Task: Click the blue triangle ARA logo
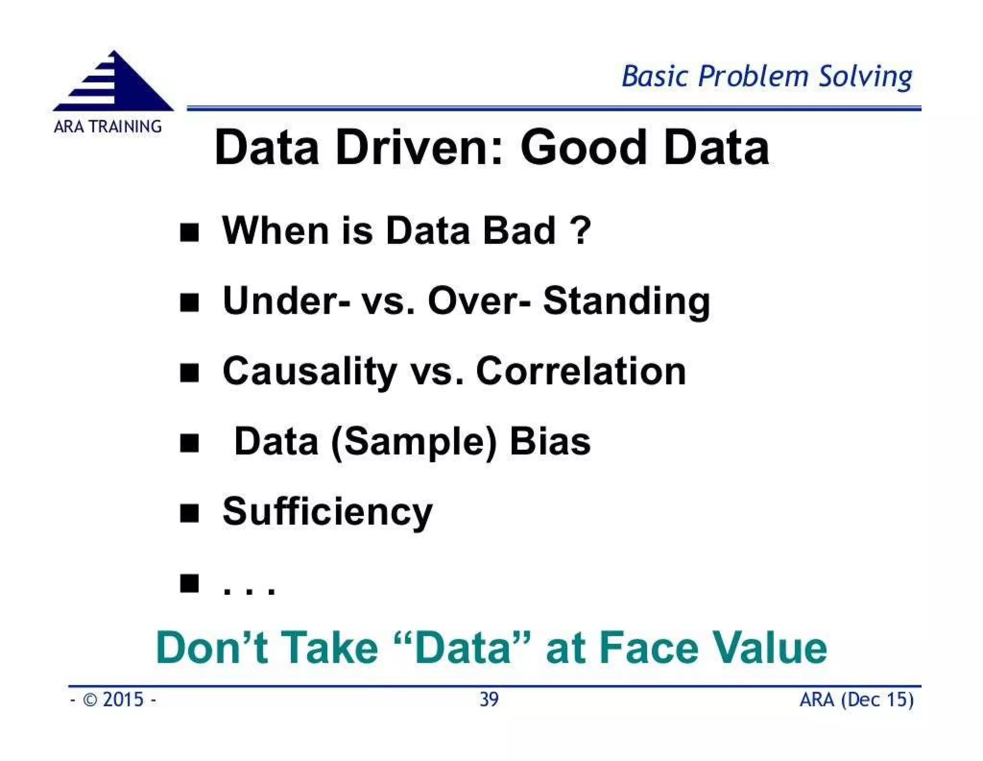113,83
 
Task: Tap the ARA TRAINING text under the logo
108,126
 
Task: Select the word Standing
626,302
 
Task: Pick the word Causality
310,372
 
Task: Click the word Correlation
581,371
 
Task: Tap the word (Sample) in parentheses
414,442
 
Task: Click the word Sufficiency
327,513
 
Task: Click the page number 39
489,699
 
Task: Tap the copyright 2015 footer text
113,699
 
